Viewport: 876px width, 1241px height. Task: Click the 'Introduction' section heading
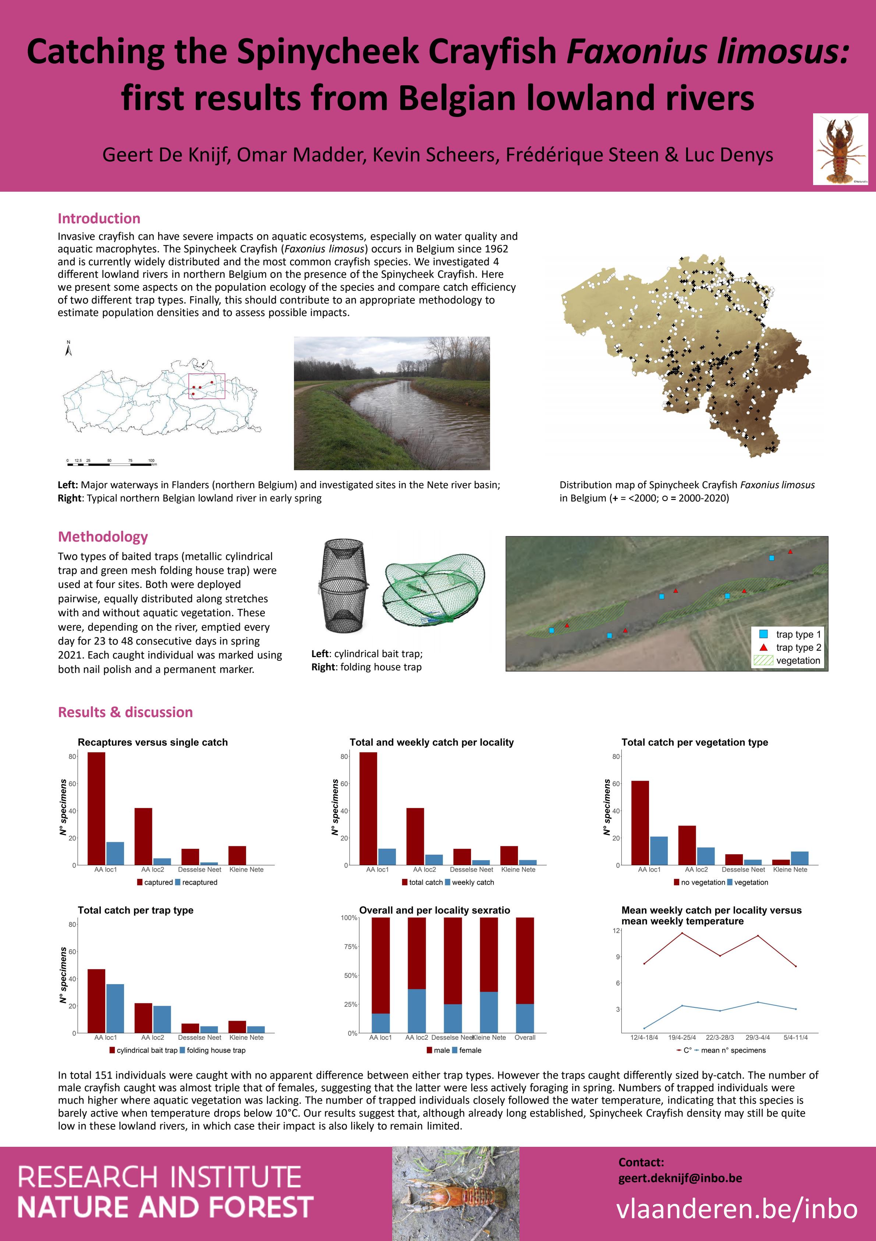(99, 219)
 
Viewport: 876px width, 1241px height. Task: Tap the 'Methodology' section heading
(103, 537)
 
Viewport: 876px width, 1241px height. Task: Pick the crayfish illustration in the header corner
(840, 149)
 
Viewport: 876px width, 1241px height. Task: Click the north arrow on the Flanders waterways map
(69, 349)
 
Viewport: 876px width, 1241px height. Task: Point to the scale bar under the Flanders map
(111, 463)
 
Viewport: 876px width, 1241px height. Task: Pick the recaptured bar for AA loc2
(162, 862)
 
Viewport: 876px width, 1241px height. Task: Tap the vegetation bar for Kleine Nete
(800, 858)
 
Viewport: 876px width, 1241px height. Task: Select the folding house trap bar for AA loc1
(115, 1008)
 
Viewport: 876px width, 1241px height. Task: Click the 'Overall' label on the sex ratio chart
(525, 1038)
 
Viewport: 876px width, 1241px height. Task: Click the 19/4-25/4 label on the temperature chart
(682, 1038)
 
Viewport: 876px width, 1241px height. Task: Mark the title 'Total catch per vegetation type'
(694, 742)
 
